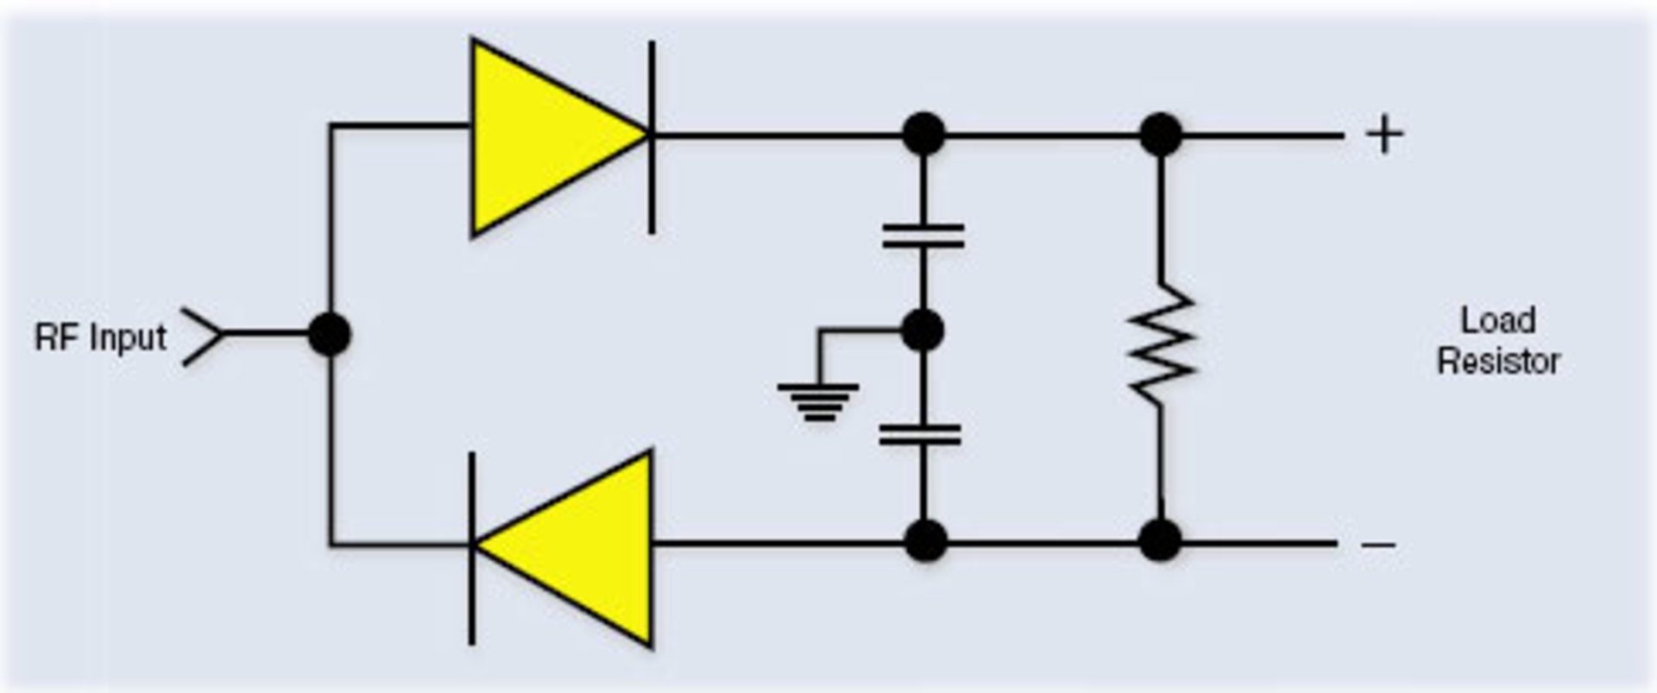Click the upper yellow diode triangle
[544, 136]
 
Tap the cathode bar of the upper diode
[652, 136]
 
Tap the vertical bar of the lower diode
[471, 547]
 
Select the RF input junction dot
[330, 334]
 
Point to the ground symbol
[818, 401]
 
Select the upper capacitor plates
[923, 236]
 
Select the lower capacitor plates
[920, 434]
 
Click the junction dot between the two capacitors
[922, 331]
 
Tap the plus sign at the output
[1384, 135]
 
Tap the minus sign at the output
[1378, 545]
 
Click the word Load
[1497, 321]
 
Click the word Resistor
[1498, 361]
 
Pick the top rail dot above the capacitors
[923, 135]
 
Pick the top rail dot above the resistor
[1161, 135]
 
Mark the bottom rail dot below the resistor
[1160, 541]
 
